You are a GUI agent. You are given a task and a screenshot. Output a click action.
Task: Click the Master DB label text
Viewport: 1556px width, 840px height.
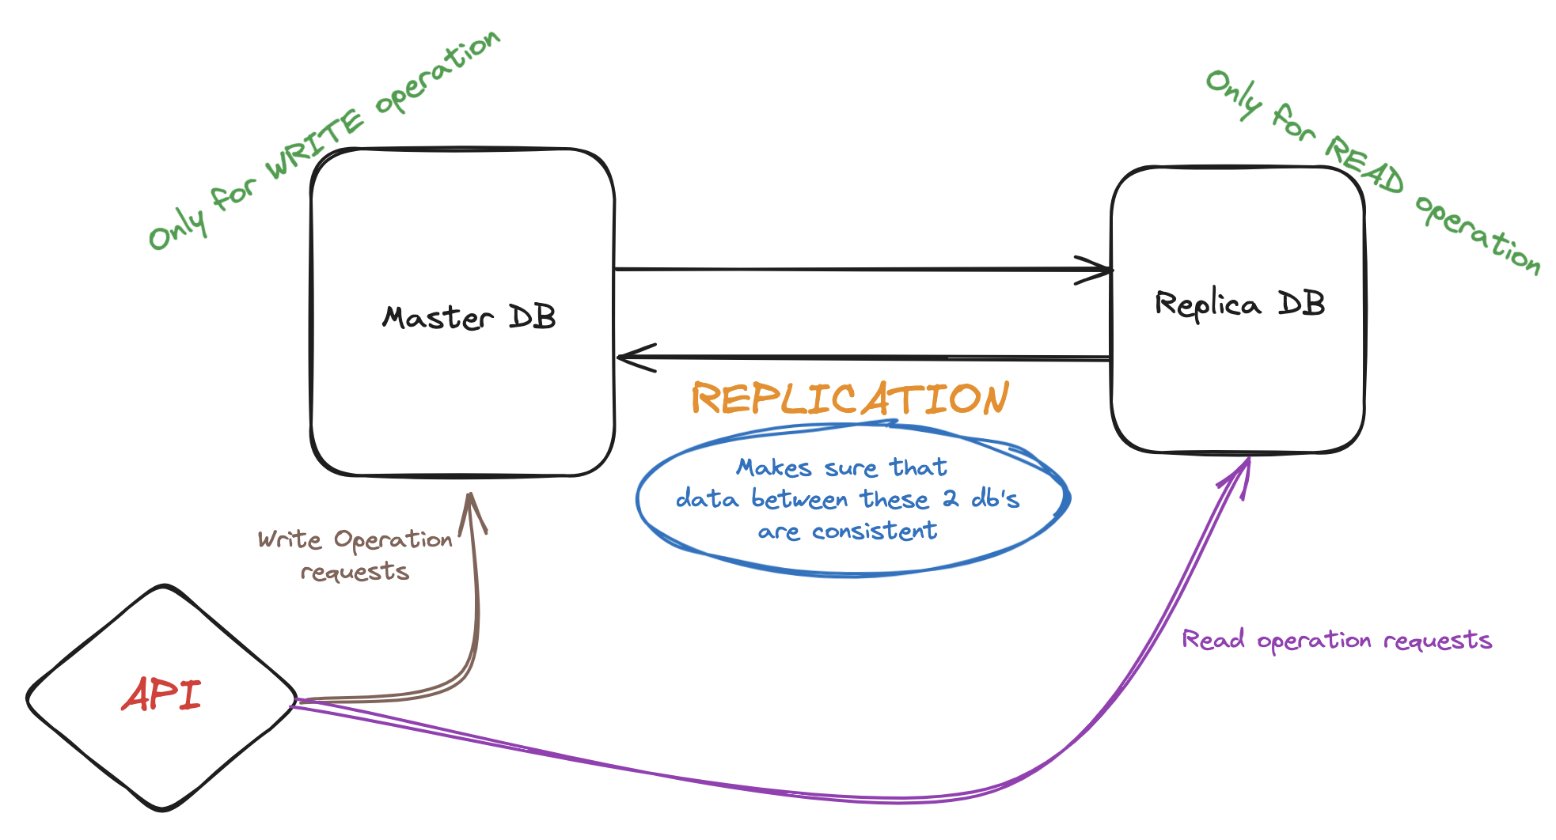469,318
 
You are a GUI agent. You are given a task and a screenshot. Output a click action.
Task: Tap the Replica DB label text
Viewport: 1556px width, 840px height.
1239,305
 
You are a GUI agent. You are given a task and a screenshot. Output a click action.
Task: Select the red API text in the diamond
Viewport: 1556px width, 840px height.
161,695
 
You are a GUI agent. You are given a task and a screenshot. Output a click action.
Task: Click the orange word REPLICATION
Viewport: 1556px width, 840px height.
850,398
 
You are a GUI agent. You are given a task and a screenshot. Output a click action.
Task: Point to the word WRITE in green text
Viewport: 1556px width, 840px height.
314,147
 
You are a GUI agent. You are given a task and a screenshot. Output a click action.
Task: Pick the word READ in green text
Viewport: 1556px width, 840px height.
1364,165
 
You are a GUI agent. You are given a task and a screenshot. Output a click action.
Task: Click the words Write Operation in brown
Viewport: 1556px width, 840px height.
355,540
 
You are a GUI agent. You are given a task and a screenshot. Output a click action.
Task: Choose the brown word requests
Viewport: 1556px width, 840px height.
355,572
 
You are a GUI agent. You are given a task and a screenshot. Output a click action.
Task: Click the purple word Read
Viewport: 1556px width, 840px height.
1213,639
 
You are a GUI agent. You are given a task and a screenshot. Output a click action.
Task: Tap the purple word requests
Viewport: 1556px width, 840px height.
1437,640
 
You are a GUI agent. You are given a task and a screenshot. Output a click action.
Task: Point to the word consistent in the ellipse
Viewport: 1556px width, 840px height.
875,531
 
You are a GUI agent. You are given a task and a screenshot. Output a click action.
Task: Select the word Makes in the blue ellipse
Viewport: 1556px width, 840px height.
773,467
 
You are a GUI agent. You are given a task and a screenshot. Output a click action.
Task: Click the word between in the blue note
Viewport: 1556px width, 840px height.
799,500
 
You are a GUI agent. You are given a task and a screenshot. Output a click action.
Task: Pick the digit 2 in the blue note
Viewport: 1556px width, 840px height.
950,499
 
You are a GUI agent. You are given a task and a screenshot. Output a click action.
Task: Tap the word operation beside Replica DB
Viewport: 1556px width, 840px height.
1478,234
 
